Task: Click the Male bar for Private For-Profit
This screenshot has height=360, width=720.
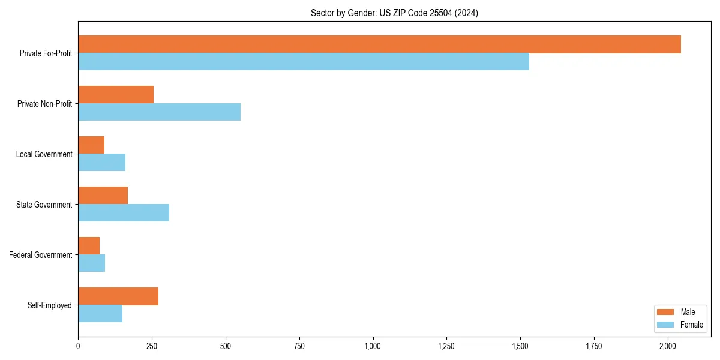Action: (x=379, y=44)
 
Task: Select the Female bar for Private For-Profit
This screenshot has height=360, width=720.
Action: (x=304, y=62)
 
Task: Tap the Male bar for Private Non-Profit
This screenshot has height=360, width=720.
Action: (x=116, y=95)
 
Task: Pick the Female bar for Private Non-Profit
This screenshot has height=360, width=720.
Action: (x=159, y=112)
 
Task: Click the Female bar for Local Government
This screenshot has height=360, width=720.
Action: (x=101, y=163)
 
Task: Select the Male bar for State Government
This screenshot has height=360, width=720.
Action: (x=103, y=196)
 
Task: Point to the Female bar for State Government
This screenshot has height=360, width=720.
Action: (x=124, y=213)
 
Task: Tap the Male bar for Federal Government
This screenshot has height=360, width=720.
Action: (x=89, y=246)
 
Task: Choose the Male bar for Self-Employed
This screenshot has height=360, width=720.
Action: (x=118, y=296)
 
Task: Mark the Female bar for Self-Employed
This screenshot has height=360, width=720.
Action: (x=100, y=314)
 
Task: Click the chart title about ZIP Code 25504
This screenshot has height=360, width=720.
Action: (x=394, y=13)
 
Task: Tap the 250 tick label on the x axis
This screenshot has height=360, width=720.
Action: (x=152, y=346)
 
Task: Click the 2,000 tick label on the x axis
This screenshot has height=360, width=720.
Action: (x=668, y=346)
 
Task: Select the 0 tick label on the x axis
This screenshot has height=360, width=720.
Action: (x=78, y=346)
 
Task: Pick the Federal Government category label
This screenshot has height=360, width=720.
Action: (x=40, y=255)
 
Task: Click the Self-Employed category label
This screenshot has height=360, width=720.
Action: (x=49, y=305)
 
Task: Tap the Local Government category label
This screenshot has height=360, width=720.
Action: (x=44, y=154)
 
